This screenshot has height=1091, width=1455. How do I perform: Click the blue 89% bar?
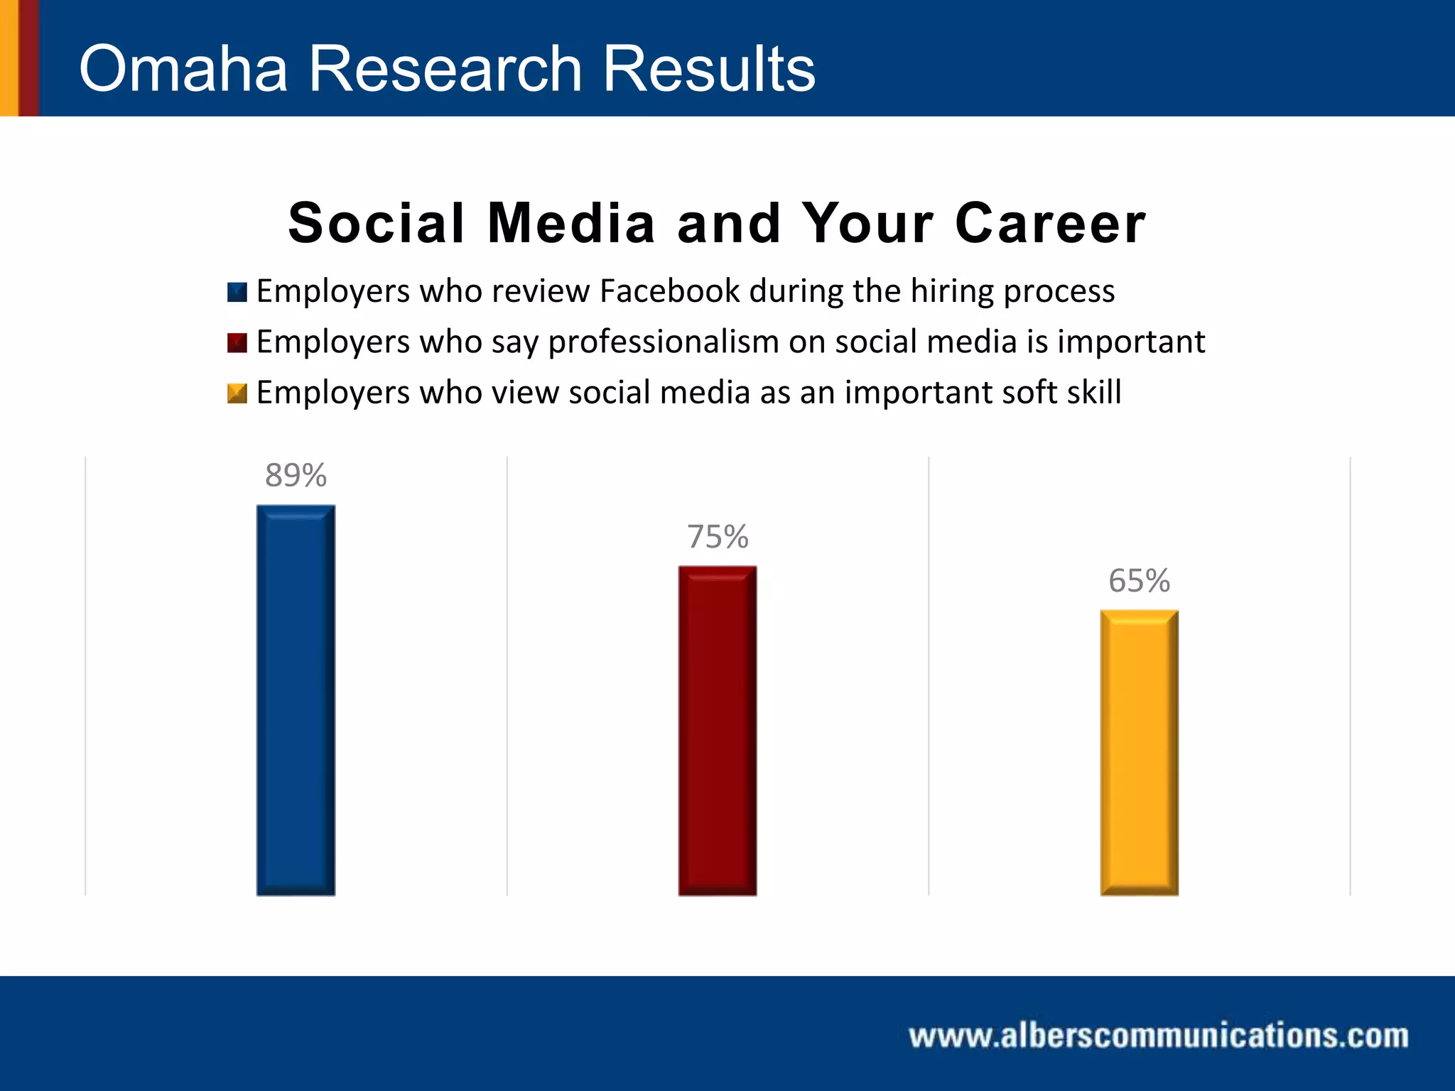point(296,700)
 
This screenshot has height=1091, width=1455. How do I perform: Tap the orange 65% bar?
point(1139,752)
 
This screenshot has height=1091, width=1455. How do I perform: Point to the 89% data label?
point(296,475)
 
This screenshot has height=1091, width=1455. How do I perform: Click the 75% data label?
point(718,537)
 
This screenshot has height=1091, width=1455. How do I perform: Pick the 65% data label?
point(1139,581)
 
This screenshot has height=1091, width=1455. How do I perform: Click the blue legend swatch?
point(237,292)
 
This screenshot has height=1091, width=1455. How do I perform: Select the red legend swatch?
point(237,343)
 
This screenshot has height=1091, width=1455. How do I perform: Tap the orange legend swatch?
point(237,393)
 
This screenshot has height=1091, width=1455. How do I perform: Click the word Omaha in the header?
point(183,68)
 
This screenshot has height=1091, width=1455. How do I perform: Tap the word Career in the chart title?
point(1050,223)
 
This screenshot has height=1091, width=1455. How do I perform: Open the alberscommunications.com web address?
point(1158,1036)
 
